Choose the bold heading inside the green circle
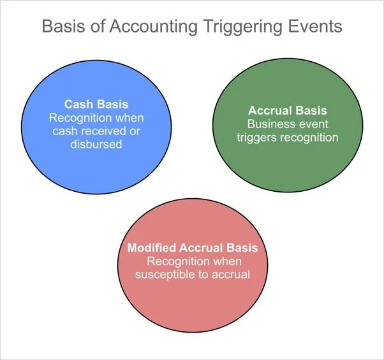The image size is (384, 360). [287, 112]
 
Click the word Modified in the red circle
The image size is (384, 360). [153, 248]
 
